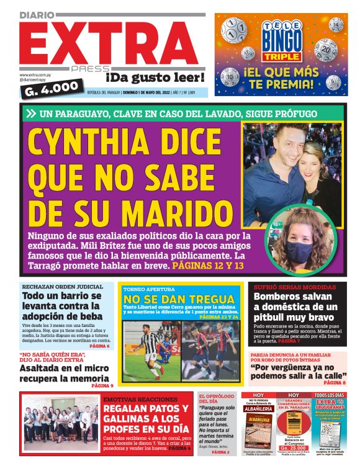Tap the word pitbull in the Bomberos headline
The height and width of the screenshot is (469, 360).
pos(274,319)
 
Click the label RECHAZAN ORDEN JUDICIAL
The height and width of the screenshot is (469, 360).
pos(62,287)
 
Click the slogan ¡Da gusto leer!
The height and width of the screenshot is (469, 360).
pos(154,78)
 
